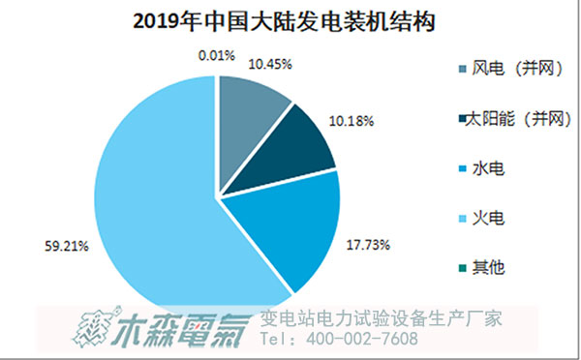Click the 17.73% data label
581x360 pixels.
(x=368, y=245)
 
